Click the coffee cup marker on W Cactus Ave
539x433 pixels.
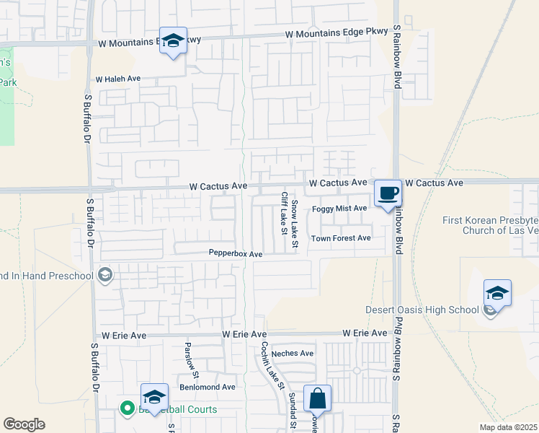(388, 193)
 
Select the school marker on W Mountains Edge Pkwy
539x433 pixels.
(173, 41)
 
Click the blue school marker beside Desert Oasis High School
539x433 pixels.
(497, 294)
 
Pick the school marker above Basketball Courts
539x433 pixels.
(153, 398)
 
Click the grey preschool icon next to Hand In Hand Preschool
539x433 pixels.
(105, 274)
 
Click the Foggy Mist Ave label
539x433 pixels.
(339, 209)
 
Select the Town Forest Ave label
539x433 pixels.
(341, 238)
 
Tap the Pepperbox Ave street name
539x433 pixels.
(236, 253)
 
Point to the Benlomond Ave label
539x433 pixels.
(208, 387)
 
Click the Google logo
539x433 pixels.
(24, 424)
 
